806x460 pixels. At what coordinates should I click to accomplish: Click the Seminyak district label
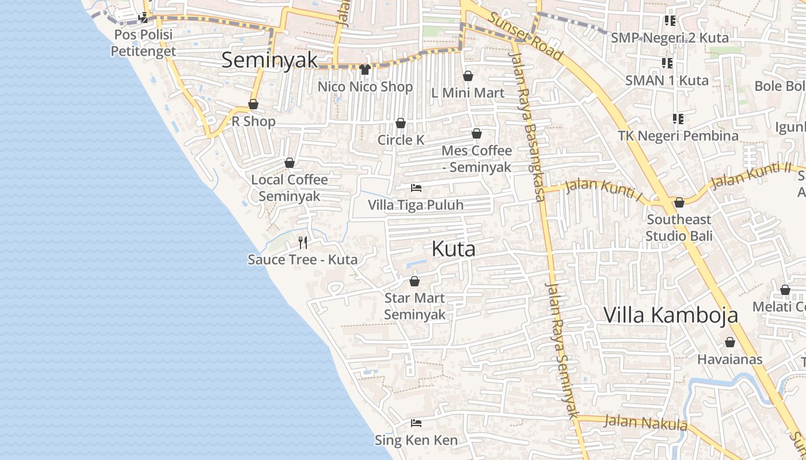269,60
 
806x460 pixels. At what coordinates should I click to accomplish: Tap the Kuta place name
454,249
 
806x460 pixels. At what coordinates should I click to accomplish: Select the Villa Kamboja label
671,315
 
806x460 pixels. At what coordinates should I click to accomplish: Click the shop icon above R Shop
253,104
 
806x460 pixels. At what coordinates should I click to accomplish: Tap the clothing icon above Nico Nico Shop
364,70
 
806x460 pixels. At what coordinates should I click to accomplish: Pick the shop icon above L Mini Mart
468,76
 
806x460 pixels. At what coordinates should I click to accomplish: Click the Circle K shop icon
401,123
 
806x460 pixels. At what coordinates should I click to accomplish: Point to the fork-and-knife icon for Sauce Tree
303,242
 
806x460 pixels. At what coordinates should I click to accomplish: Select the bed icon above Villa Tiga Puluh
416,188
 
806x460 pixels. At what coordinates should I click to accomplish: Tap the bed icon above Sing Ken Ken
416,423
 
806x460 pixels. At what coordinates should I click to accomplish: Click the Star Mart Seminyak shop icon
415,281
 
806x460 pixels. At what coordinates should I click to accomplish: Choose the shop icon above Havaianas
730,342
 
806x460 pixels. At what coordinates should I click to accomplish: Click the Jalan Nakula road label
645,423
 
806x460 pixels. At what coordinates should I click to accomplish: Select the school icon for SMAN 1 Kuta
667,63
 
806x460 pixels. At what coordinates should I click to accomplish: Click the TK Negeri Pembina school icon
678,119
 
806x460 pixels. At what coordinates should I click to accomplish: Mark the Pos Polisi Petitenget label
143,43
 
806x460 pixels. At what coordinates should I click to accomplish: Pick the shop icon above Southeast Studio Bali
679,202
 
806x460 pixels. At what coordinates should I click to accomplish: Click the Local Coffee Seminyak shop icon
290,163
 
